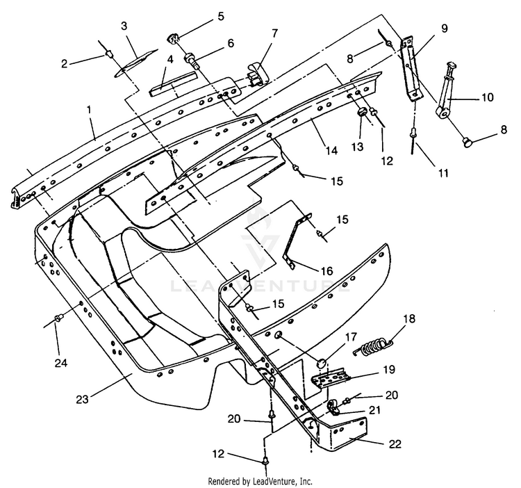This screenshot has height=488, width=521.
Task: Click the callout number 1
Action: [89, 111]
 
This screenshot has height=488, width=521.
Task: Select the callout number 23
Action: [83, 399]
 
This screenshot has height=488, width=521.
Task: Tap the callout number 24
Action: [61, 363]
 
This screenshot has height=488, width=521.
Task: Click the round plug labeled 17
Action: [321, 363]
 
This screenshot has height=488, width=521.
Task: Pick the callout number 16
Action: [326, 271]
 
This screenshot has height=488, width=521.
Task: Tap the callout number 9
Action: [445, 29]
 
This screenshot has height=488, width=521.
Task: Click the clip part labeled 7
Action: [258, 76]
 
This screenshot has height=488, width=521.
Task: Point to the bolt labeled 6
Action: [192, 60]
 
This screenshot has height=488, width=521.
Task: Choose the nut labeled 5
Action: [172, 38]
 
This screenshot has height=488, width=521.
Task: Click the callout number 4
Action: [170, 60]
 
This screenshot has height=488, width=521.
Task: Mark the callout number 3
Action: [124, 26]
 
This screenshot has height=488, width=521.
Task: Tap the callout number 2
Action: [64, 63]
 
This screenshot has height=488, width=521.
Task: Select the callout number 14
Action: [331, 151]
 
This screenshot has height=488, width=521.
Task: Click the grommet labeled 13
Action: [361, 113]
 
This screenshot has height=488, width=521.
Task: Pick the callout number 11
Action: [444, 173]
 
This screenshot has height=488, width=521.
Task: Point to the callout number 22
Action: [395, 444]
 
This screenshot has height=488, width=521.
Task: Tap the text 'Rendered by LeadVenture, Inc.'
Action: [260, 481]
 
